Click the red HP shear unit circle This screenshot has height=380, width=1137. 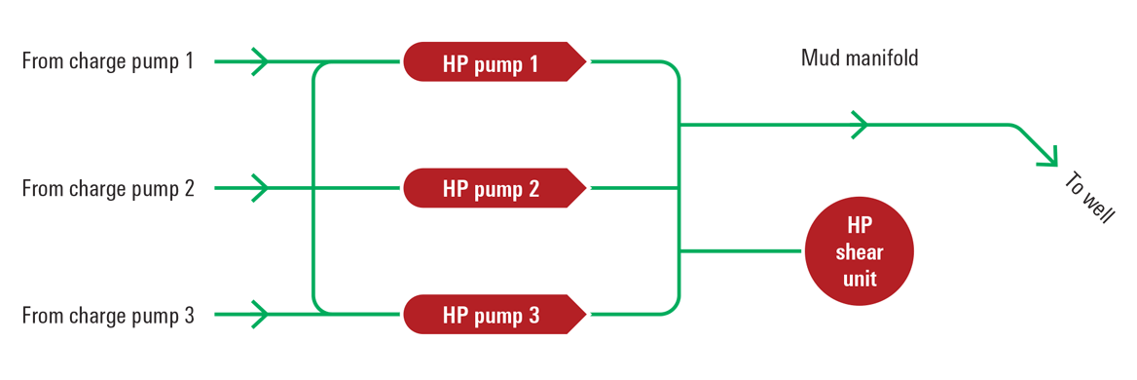tap(859, 251)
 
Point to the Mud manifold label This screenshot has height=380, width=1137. tap(860, 58)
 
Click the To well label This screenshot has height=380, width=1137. tap(1088, 198)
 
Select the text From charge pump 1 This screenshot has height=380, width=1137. tap(108, 61)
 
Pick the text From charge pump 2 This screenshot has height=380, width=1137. tap(108, 188)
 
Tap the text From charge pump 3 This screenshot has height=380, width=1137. tap(108, 315)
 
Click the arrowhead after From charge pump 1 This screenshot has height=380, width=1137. tap(260, 61)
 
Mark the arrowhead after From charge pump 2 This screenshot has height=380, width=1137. tap(260, 188)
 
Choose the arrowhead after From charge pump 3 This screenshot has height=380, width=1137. tap(260, 314)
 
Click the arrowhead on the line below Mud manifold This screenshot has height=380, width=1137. tap(860, 125)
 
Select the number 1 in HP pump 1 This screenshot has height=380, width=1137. tap(533, 63)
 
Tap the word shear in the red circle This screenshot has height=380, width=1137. tap(859, 252)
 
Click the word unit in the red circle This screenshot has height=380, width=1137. tap(859, 279)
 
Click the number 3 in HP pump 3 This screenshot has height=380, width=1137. tap(533, 315)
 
